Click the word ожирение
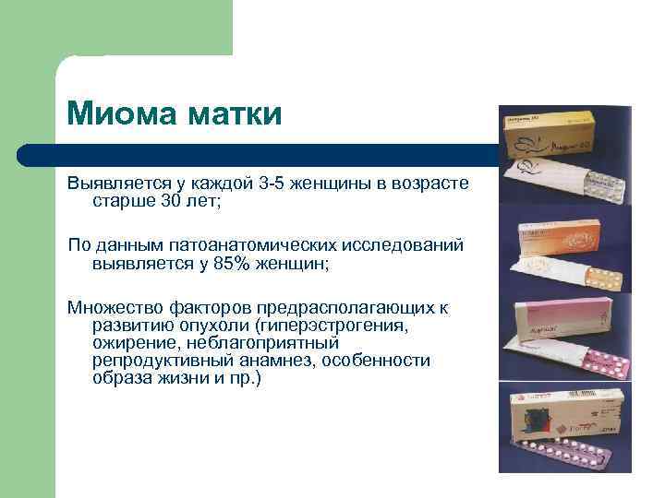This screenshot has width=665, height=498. point(129,344)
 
